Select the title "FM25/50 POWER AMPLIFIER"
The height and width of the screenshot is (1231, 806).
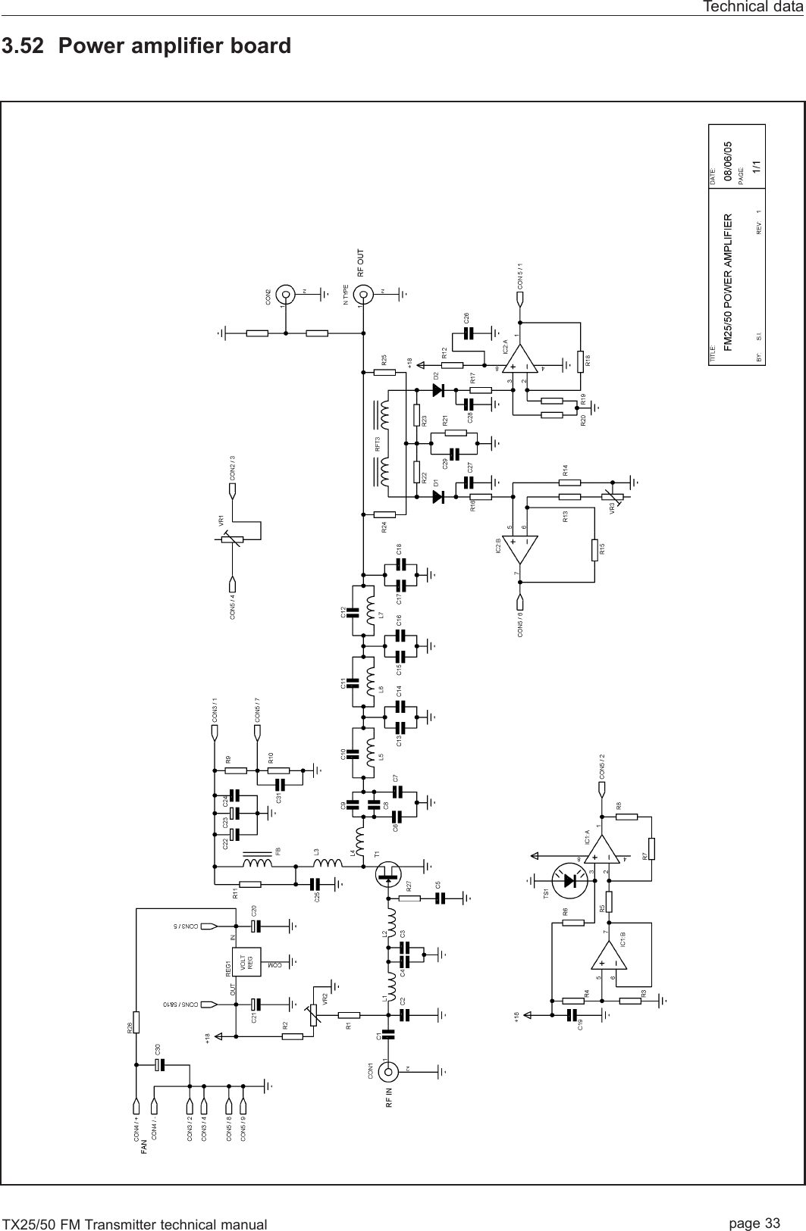727,280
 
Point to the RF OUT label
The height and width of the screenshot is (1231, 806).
361,262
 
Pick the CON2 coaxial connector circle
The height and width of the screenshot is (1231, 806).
286,294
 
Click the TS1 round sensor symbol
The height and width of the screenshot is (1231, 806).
571,881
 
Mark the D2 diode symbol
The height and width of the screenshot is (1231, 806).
437,390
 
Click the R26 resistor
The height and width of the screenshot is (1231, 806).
136,1022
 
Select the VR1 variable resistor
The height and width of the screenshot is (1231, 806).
233,539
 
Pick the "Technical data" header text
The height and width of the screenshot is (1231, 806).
753,7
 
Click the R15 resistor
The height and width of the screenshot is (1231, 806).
593,549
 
